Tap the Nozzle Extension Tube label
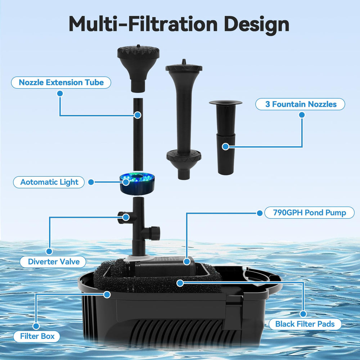(x=61, y=82)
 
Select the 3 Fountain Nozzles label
(x=300, y=104)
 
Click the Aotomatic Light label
(x=49, y=182)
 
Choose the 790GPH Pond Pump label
(x=309, y=213)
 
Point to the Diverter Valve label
(x=53, y=262)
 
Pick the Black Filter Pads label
(x=305, y=324)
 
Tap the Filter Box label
(x=37, y=336)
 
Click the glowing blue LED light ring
(x=137, y=184)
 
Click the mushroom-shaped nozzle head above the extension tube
(x=138, y=68)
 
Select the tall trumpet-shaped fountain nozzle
(x=184, y=120)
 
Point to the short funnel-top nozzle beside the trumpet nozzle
(x=226, y=137)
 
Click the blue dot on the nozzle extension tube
(x=138, y=115)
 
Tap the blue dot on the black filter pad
(x=180, y=283)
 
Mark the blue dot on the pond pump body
(x=187, y=261)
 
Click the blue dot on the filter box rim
(x=107, y=294)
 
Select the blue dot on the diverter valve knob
(x=126, y=217)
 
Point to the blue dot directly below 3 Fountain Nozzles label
(x=302, y=115)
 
